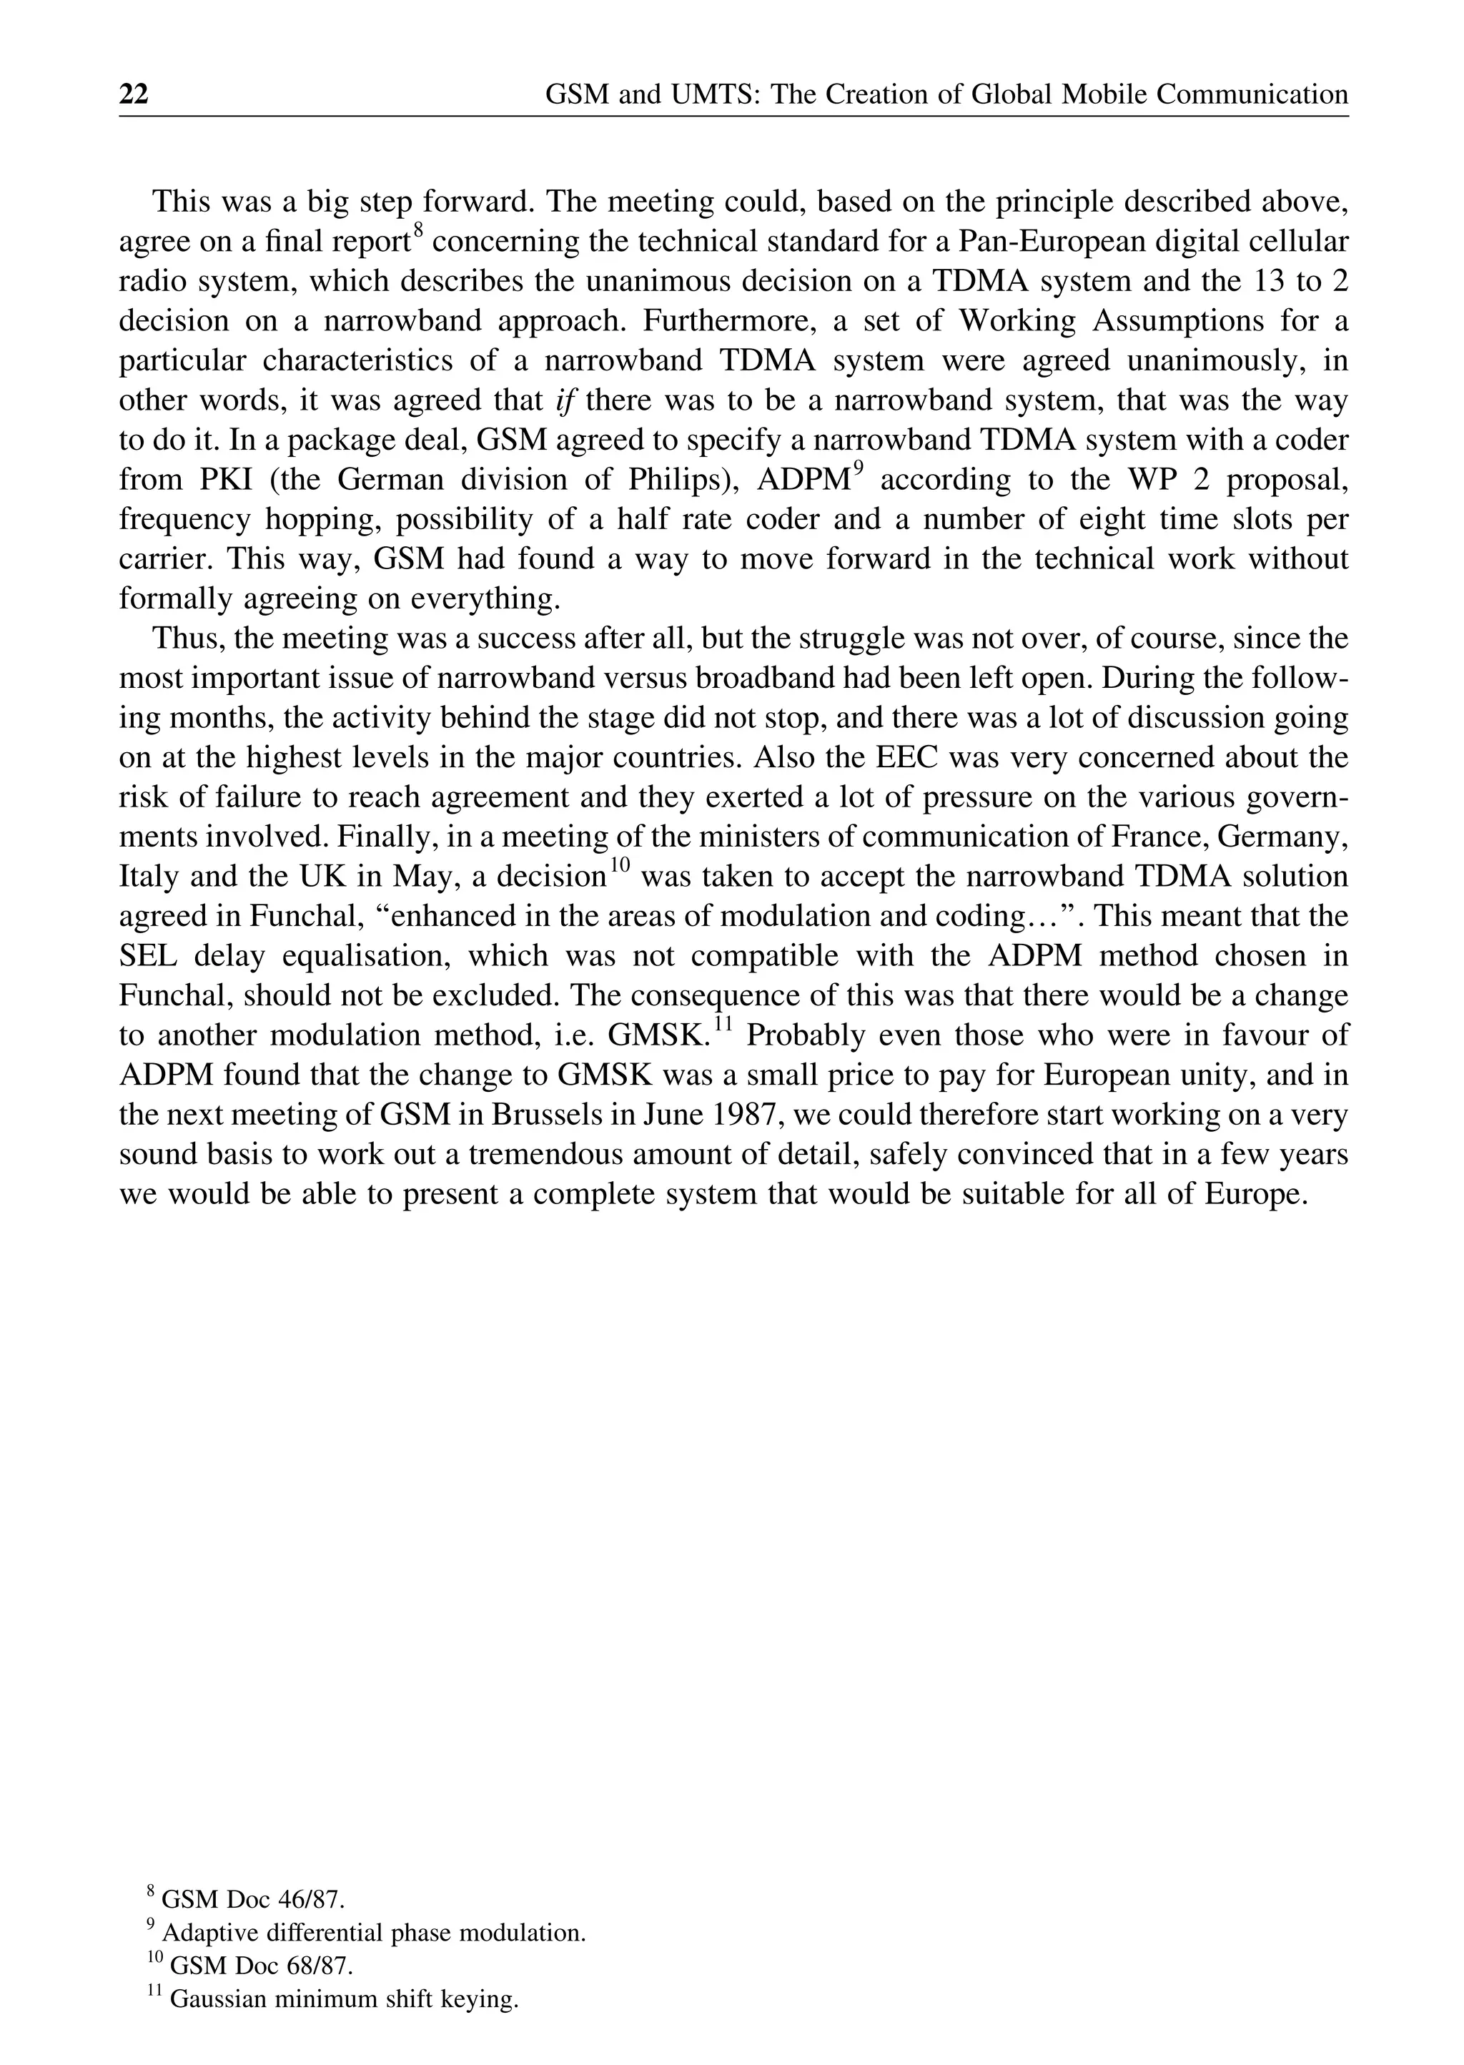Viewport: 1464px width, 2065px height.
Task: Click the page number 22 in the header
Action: pyautogui.click(x=134, y=94)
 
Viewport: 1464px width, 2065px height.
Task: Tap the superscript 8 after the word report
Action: pyautogui.click(x=418, y=231)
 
